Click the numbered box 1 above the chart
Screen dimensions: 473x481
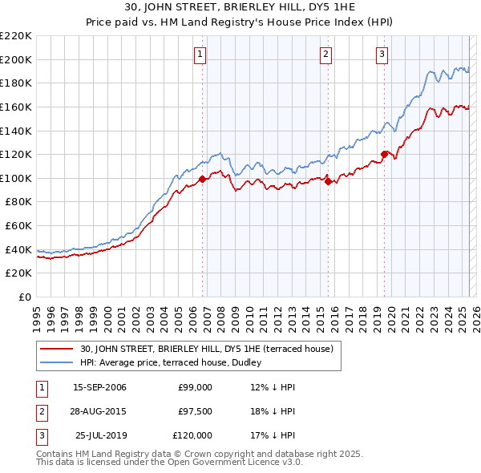tap(200, 55)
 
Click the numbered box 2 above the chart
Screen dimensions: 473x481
tap(326, 55)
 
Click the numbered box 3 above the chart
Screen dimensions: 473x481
tap(382, 55)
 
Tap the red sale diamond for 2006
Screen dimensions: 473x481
tap(202, 180)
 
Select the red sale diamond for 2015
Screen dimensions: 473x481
tap(329, 181)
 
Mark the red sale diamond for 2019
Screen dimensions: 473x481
tap(384, 154)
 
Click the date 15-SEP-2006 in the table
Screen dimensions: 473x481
tap(99, 387)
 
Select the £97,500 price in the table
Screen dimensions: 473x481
tap(195, 411)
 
